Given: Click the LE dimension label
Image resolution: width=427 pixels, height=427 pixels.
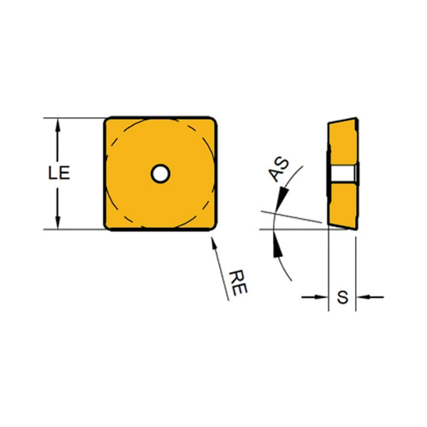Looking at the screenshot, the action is click(x=59, y=173).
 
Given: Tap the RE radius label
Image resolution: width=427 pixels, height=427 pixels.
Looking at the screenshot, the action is click(x=238, y=283).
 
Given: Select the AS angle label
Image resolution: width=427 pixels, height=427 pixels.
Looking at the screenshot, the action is click(x=278, y=169).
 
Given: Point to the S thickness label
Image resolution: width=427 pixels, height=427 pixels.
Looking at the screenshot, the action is click(x=342, y=297).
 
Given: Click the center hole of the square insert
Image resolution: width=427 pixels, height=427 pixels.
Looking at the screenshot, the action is click(x=161, y=173).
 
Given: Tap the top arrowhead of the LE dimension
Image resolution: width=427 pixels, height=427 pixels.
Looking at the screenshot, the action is click(x=58, y=125).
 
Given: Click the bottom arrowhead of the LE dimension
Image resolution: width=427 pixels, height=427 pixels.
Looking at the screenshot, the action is click(x=58, y=222).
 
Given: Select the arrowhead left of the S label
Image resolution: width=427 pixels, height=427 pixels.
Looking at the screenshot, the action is click(x=321, y=297).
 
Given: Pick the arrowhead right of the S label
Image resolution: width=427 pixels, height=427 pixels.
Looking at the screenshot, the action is click(x=363, y=297).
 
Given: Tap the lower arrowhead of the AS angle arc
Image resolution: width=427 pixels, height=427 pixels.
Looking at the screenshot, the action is click(x=278, y=244).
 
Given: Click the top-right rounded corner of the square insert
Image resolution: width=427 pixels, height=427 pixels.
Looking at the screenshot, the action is click(x=213, y=121).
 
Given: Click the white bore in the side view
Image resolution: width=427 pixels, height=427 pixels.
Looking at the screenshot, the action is click(x=342, y=173).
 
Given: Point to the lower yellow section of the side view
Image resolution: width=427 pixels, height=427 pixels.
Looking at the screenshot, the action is click(x=343, y=206).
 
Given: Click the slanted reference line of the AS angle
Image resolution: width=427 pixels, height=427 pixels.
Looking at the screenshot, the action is click(x=291, y=217).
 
